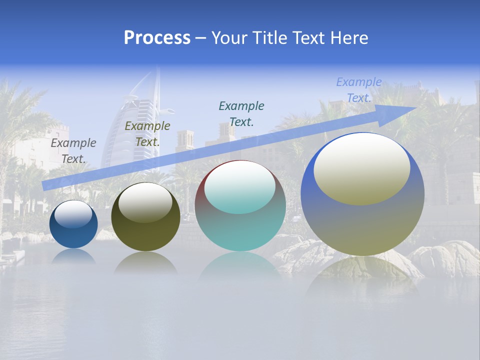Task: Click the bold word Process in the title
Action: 157,37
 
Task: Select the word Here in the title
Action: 349,37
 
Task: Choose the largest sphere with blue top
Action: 362,225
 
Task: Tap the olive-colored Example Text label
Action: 147,134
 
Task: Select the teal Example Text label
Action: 241,113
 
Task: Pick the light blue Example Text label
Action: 359,90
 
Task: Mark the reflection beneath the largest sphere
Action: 362,275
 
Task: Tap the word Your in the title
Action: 227,37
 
